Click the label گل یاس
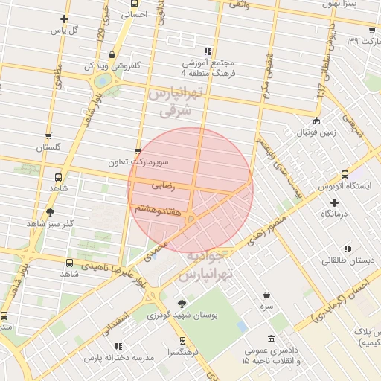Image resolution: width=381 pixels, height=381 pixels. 64,31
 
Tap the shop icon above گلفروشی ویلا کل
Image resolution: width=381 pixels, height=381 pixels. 112,54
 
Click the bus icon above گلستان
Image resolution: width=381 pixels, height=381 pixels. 48,137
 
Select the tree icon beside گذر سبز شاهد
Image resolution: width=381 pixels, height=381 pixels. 50,212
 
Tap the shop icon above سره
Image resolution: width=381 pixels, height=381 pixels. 266,295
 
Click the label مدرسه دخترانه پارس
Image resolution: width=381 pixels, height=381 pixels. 118,357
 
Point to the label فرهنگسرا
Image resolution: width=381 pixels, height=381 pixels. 182,352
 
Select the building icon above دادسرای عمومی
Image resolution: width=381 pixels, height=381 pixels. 269,339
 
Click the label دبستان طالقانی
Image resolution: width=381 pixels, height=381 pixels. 346,260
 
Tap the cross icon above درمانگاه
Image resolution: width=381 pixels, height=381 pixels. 334,202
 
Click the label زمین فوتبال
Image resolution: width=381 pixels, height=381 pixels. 318,132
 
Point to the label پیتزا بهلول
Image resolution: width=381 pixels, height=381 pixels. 349,4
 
